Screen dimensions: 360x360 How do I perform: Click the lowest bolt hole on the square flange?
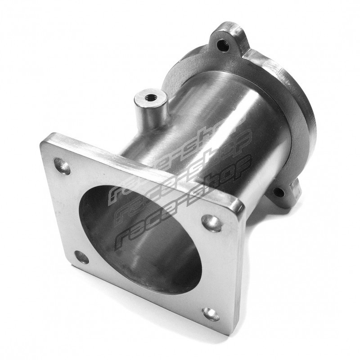211,314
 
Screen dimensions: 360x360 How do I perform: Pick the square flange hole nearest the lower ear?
211,221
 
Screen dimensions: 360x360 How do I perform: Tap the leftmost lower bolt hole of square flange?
81,257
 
